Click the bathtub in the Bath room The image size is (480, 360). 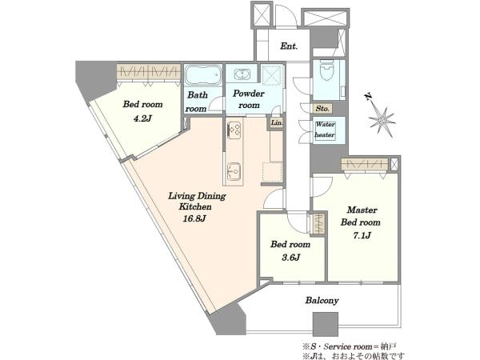point(203,74)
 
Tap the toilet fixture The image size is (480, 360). point(326,70)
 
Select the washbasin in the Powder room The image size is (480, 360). point(242,74)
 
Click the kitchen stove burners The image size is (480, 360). point(234,130)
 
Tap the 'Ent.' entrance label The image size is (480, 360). point(289,46)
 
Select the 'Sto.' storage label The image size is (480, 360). point(322,108)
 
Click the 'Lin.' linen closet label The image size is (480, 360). point(277,123)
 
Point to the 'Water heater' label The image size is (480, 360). point(325,130)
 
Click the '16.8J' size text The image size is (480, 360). point(194,218)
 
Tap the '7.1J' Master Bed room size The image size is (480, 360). point(362,235)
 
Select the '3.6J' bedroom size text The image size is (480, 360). point(291,258)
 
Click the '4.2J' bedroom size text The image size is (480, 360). point(142,118)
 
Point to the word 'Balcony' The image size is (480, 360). point(322,300)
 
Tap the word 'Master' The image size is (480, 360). point(362,210)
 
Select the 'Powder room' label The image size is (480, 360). point(249,99)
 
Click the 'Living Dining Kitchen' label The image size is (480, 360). point(197,201)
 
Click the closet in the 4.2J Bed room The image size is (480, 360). point(149,72)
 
